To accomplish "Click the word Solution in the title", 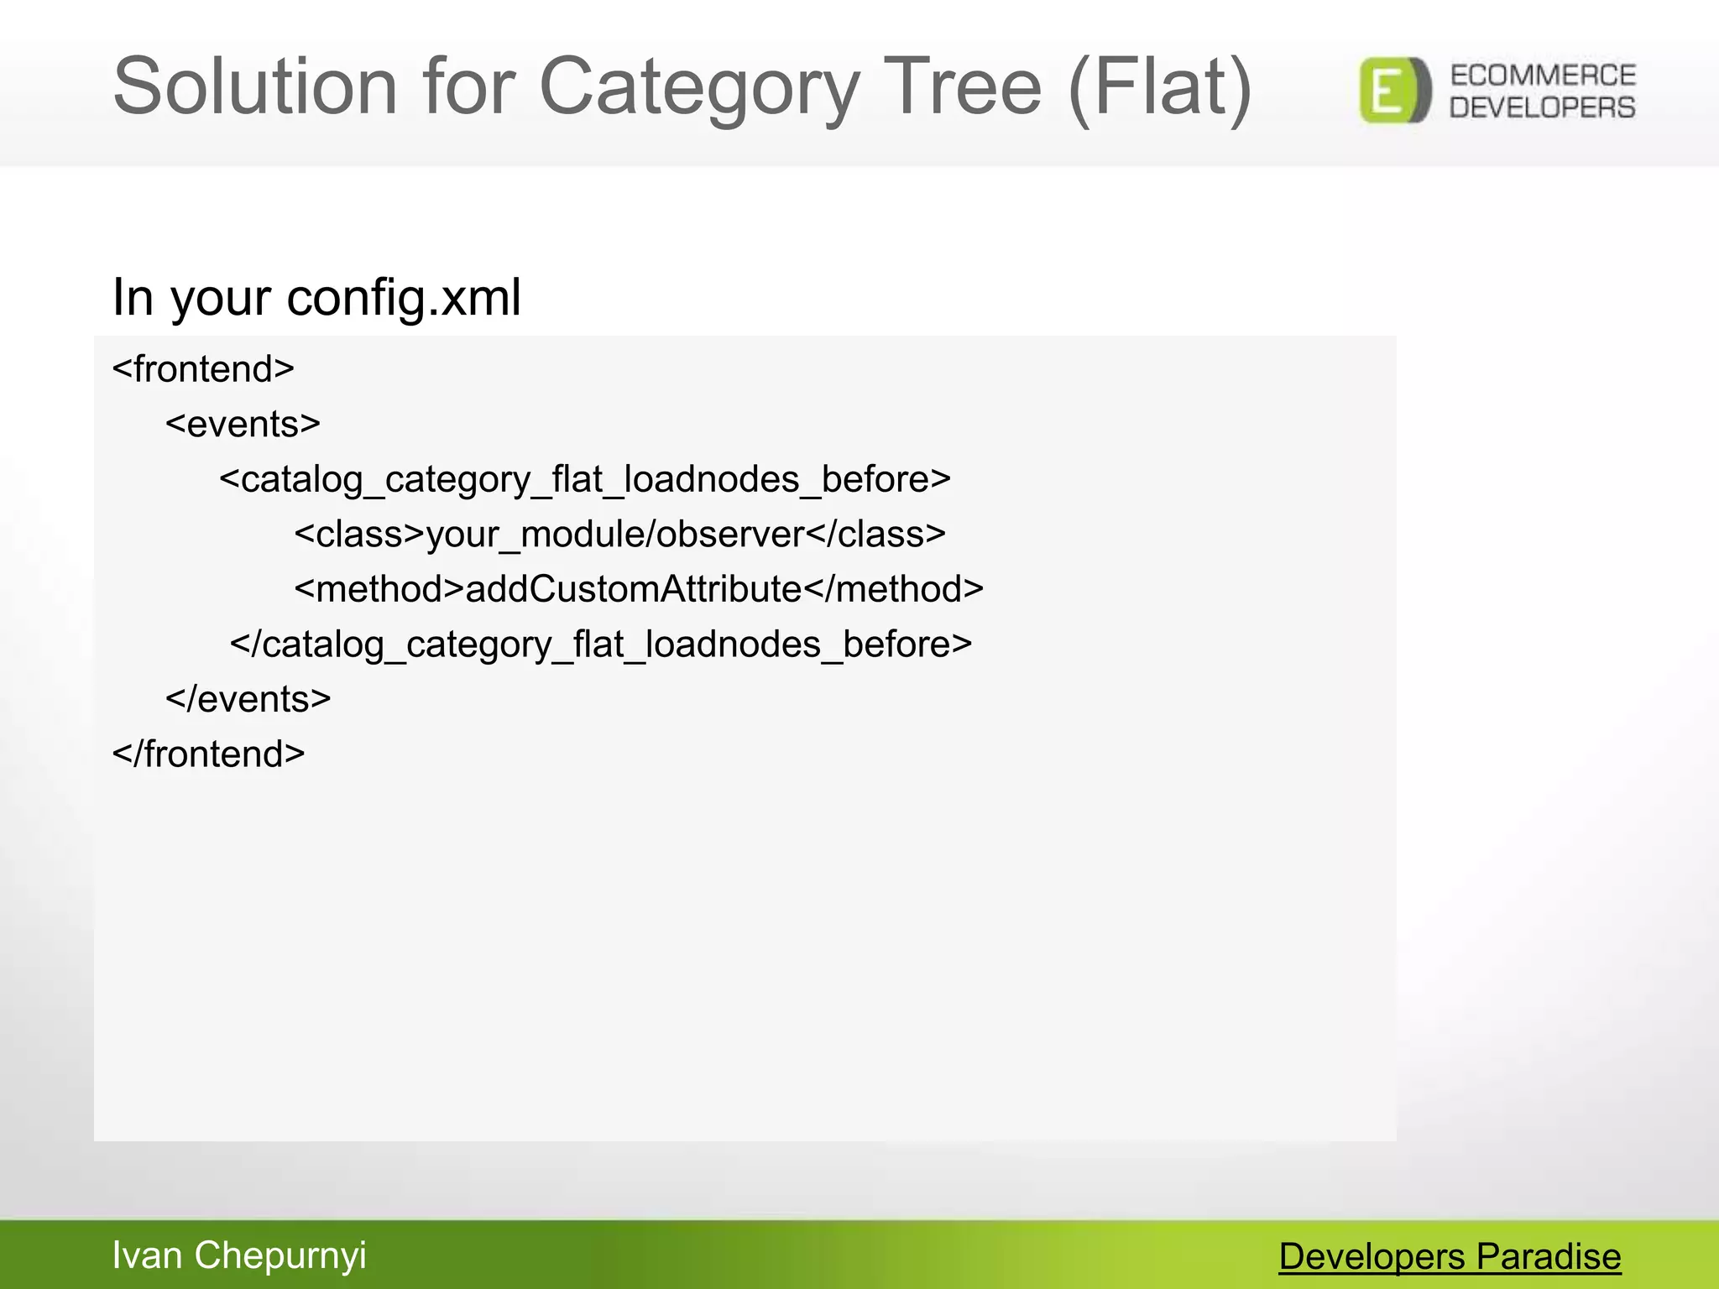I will (254, 86).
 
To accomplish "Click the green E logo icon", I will (1394, 91).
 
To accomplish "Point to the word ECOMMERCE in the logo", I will (1543, 76).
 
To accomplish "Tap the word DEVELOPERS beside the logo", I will (1543, 107).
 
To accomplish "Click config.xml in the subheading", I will (404, 297).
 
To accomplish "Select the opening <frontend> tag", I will (203, 369).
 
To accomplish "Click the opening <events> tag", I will (243, 425).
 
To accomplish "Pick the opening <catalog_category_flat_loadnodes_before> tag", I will (585, 479).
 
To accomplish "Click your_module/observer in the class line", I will (615, 535).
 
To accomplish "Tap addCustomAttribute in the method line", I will (634, 589).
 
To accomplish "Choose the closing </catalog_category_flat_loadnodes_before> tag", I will (601, 644).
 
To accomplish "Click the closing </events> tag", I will (248, 699).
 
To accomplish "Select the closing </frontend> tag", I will (208, 754).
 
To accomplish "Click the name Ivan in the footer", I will (147, 1255).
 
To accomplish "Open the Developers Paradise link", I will (1450, 1256).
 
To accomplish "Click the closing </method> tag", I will (894, 589).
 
